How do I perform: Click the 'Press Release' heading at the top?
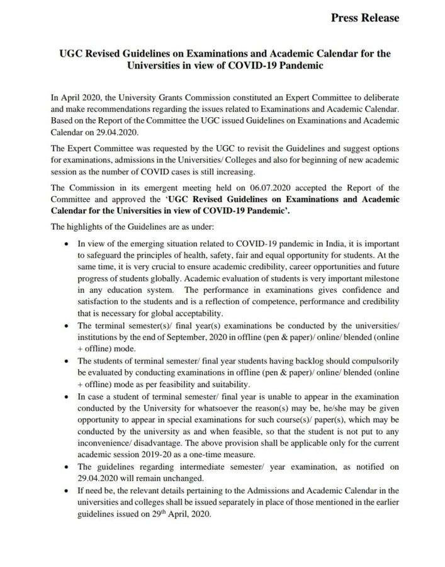[x=364, y=18]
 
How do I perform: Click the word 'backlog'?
[x=289, y=362]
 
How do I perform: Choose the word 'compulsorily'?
[x=369, y=362]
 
